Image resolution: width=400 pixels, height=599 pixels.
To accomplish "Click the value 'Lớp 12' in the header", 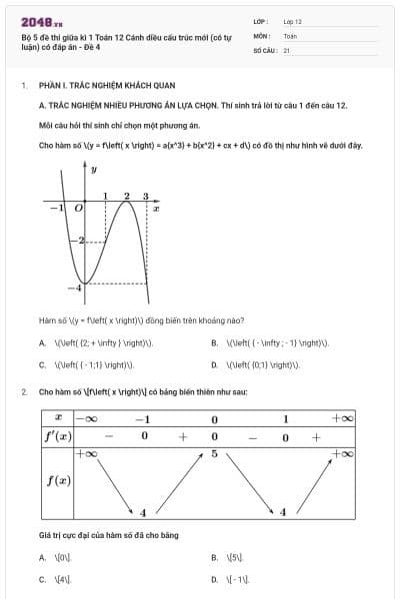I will (292, 20).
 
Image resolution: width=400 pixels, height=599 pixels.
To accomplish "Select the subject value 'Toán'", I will (290, 35).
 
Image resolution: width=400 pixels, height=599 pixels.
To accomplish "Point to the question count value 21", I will (287, 49).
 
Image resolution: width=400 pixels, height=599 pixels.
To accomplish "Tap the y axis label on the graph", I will (93, 170).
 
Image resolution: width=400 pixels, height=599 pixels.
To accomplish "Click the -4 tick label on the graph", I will (73, 288).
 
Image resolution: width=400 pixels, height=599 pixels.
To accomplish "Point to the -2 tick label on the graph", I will (84, 243).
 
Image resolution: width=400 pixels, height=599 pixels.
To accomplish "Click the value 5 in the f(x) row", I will (214, 454).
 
